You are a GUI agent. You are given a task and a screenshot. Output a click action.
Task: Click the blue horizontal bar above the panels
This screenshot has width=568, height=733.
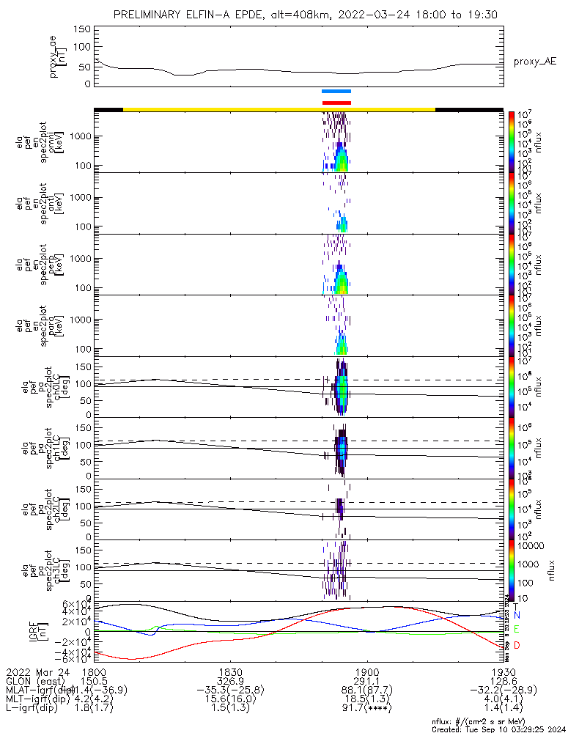336,91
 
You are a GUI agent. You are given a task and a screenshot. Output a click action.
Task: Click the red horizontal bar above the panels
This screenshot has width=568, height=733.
336,103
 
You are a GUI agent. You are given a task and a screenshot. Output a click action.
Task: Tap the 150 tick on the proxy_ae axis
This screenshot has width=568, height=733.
83,29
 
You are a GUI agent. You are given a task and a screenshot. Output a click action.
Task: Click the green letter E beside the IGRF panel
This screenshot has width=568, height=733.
516,630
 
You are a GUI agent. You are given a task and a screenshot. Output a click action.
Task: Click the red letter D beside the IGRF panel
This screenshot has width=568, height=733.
516,645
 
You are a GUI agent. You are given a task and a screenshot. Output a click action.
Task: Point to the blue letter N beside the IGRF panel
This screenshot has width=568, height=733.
516,615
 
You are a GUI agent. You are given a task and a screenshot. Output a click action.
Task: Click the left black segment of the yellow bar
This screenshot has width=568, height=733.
108,109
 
